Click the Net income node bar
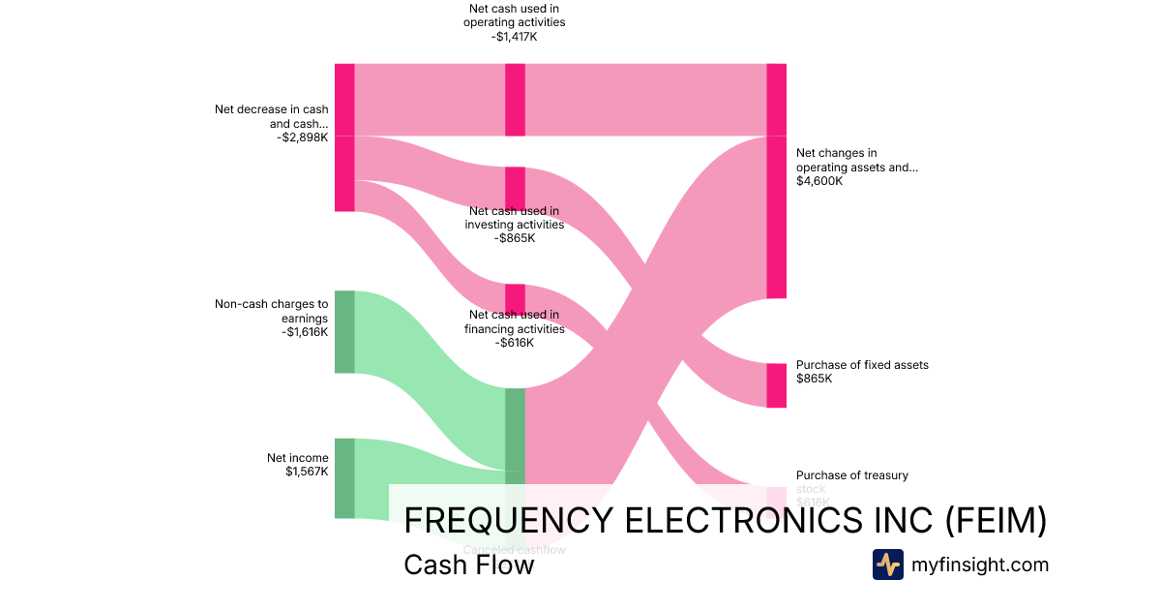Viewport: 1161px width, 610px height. [x=344, y=477]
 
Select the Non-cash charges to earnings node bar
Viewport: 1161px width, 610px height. [x=344, y=331]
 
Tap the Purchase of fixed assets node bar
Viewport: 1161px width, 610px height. [x=776, y=385]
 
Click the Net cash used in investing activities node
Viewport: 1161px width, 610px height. [x=515, y=188]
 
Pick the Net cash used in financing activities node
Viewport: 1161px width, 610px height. [x=515, y=299]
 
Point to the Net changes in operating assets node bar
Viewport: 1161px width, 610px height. [x=776, y=217]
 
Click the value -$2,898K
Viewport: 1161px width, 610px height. [x=302, y=137]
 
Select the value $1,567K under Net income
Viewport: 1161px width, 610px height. [x=307, y=472]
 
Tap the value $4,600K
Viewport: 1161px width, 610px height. [x=819, y=181]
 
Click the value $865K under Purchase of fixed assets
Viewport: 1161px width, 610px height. [x=814, y=379]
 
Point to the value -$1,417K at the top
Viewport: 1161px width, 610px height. [x=514, y=37]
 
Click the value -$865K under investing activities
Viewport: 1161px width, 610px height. [x=514, y=238]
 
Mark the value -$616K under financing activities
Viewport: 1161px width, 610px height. [x=514, y=343]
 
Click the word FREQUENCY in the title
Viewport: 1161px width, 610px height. [x=507, y=521]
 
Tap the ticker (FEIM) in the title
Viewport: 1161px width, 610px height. [x=996, y=521]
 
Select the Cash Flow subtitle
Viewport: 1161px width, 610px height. [x=468, y=564]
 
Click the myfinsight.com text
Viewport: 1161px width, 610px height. [x=980, y=564]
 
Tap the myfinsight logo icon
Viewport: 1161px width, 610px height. [x=887, y=564]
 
